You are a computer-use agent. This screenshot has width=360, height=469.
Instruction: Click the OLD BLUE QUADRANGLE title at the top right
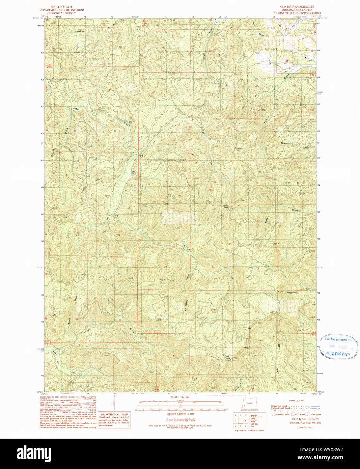297,7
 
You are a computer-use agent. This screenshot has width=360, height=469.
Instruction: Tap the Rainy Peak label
225,206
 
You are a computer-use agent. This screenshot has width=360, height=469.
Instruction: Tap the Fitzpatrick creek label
286,143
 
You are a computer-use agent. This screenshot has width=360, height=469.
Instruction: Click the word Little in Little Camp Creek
173,125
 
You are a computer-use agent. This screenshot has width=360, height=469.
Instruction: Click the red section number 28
257,269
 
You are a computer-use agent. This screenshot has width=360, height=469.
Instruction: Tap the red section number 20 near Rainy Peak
215,225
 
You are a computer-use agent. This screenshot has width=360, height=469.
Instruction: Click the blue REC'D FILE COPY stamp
338,354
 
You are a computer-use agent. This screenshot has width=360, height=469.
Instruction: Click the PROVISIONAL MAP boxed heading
114,414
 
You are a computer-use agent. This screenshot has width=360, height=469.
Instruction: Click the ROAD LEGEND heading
296,401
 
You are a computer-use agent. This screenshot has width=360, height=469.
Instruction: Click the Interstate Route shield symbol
273,414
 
